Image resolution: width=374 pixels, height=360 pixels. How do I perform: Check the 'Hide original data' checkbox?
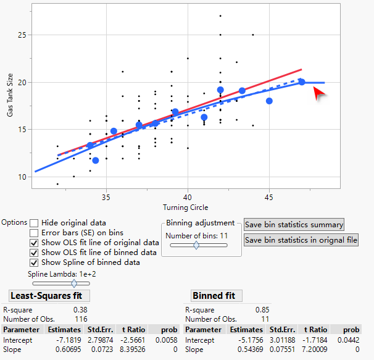pos(34,223)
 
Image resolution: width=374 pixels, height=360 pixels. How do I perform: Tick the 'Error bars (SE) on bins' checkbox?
pos(34,233)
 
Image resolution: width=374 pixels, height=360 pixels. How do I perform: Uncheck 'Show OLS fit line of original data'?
pos(34,243)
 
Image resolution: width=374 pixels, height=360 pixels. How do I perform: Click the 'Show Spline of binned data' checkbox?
pos(34,262)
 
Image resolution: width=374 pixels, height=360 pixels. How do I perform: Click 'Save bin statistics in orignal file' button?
pos(301,240)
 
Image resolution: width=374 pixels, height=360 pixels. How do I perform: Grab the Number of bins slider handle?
pos(196,245)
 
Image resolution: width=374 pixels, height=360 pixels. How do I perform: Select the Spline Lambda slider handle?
pos(74,283)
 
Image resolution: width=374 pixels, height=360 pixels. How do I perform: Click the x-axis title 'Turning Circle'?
pos(185,207)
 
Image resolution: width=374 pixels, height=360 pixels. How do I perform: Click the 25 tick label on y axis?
pos(22,35)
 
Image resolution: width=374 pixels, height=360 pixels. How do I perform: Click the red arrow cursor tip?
pos(315,90)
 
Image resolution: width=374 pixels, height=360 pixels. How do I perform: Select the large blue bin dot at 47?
pos(302,82)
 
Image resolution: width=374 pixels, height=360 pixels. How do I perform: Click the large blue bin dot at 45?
pos(269,101)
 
